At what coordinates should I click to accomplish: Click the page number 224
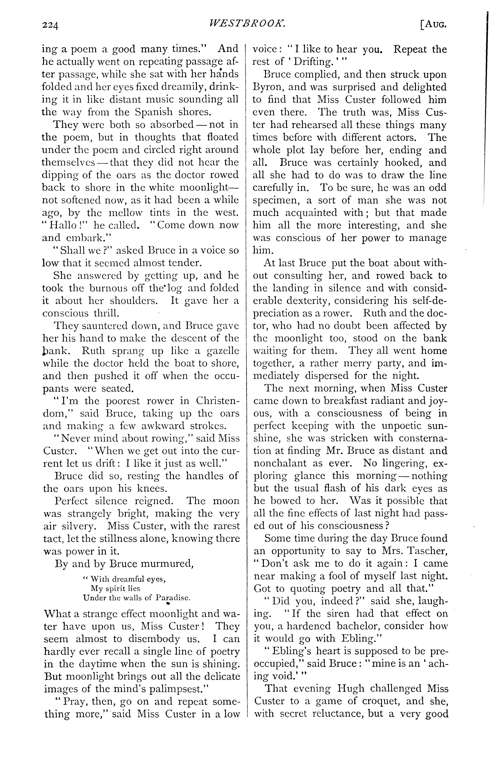(x=50, y=25)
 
